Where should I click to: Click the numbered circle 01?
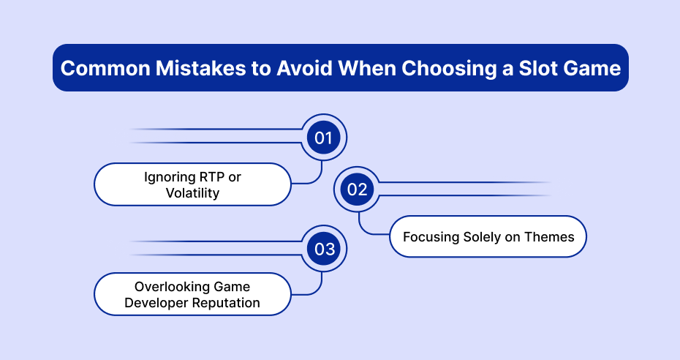[x=323, y=138]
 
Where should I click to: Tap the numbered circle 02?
[x=357, y=189]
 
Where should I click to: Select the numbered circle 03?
[x=323, y=249]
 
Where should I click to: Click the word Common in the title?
[x=105, y=68]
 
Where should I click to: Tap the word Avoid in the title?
[x=304, y=68]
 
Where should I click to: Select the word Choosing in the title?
[x=448, y=69]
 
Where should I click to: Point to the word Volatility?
[x=192, y=192]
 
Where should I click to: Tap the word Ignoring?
[x=170, y=178]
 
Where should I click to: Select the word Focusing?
[x=431, y=237]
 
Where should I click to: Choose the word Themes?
[x=549, y=237]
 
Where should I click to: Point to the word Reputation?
[x=226, y=303]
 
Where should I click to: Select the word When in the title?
[x=367, y=68]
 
